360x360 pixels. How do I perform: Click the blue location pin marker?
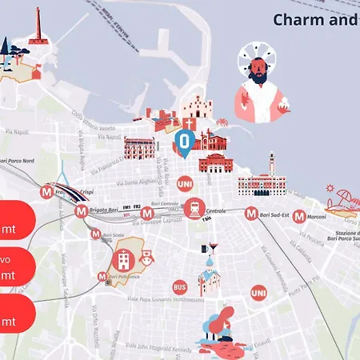coord(183,143)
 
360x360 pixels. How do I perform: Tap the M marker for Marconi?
coord(298,216)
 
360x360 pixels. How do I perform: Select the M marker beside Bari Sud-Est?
coord(252,214)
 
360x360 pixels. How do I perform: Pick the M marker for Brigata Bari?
coord(81,212)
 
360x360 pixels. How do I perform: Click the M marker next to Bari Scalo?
coord(96,234)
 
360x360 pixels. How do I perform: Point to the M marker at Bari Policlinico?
coord(102,277)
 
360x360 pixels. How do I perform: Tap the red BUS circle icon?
coord(179,286)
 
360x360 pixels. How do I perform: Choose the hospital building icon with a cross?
coord(123,258)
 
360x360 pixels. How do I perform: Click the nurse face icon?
coord(147,258)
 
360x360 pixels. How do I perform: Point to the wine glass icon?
coord(213,248)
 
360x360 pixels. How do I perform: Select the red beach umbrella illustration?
coord(346,196)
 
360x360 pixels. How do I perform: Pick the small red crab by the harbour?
coord(223,123)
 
